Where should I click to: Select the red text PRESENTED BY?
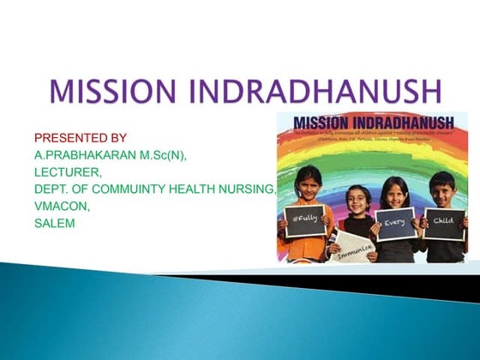click(81, 137)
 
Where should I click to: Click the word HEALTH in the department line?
click(189, 189)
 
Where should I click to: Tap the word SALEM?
click(56, 223)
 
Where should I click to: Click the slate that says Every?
click(396, 223)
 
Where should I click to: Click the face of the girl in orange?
click(309, 183)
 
